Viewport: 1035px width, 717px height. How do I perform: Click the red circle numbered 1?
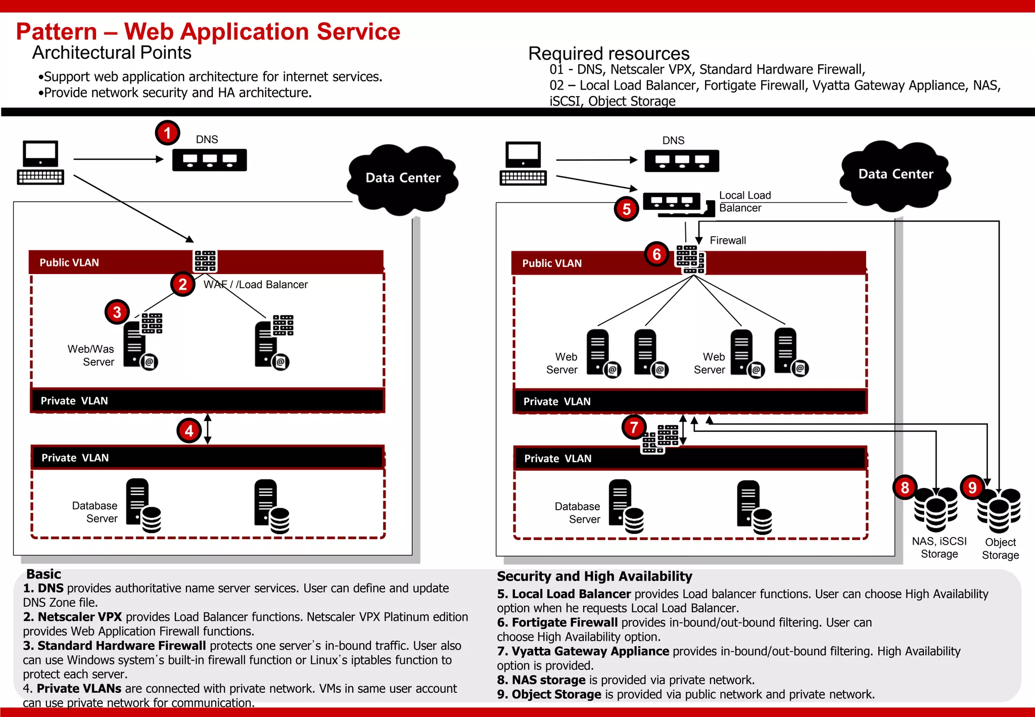pyautogui.click(x=167, y=133)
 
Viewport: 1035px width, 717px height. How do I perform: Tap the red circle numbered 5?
pyautogui.click(x=627, y=209)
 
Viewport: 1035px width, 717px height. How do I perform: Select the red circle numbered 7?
pyautogui.click(x=634, y=427)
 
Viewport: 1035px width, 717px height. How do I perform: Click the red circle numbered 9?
pyautogui.click(x=972, y=487)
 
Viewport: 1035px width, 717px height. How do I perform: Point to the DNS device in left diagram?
pyautogui.click(x=209, y=160)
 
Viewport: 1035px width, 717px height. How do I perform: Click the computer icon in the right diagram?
pyautogui.click(x=524, y=163)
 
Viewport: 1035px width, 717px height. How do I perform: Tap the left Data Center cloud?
pyautogui.click(x=403, y=178)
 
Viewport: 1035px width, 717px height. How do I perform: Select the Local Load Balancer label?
pyautogui.click(x=744, y=202)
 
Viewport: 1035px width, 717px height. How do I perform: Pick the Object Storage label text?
pyautogui.click(x=1000, y=549)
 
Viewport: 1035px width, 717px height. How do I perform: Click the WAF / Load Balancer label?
pyautogui.click(x=256, y=285)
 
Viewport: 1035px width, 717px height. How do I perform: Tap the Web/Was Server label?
pyautogui.click(x=91, y=355)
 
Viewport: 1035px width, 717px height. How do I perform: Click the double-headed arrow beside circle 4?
pyautogui.click(x=208, y=429)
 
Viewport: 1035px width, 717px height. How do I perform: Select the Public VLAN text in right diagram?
pyautogui.click(x=552, y=263)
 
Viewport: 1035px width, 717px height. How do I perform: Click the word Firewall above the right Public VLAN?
pyautogui.click(x=728, y=241)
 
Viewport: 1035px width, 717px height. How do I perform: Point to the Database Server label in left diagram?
pyautogui.click(x=95, y=512)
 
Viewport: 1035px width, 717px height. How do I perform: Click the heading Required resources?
pyautogui.click(x=608, y=54)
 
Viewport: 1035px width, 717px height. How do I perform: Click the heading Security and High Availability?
pyautogui.click(x=594, y=576)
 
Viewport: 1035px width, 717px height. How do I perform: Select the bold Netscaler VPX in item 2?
pyautogui.click(x=80, y=617)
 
